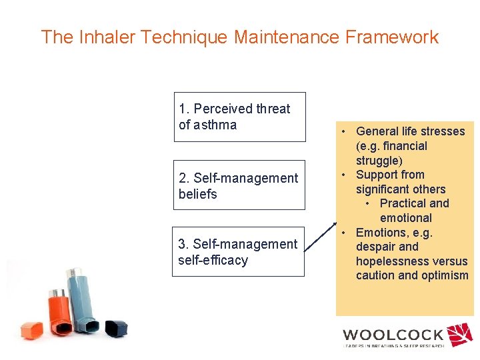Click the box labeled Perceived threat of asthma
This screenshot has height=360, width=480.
[x=239, y=117]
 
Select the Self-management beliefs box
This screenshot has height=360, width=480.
[x=239, y=185]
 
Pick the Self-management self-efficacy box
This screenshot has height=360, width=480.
[x=238, y=252]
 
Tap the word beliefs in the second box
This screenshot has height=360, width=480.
[x=198, y=194]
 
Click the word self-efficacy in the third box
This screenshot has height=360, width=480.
[x=213, y=260]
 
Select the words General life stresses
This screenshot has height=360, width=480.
[x=411, y=131]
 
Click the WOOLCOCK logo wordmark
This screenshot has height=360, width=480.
[x=393, y=335]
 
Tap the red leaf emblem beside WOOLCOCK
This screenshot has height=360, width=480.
[x=459, y=335]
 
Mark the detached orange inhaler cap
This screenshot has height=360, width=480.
[x=31, y=329]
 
